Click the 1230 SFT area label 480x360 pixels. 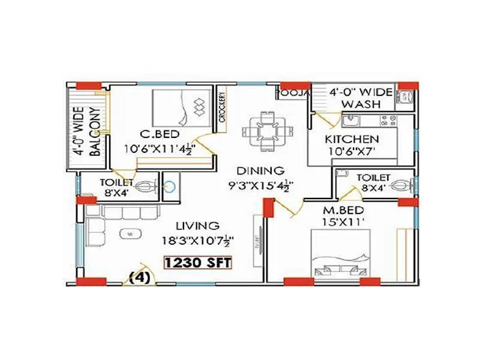[198, 262]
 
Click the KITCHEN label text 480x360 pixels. [352, 140]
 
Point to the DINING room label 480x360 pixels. [260, 170]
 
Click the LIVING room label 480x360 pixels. [197, 226]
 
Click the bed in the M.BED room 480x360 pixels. [340, 255]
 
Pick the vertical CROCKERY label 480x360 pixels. [222, 107]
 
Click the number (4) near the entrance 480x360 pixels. [140, 277]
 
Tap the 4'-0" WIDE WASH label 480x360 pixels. [361, 98]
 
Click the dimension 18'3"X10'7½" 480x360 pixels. [197, 241]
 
